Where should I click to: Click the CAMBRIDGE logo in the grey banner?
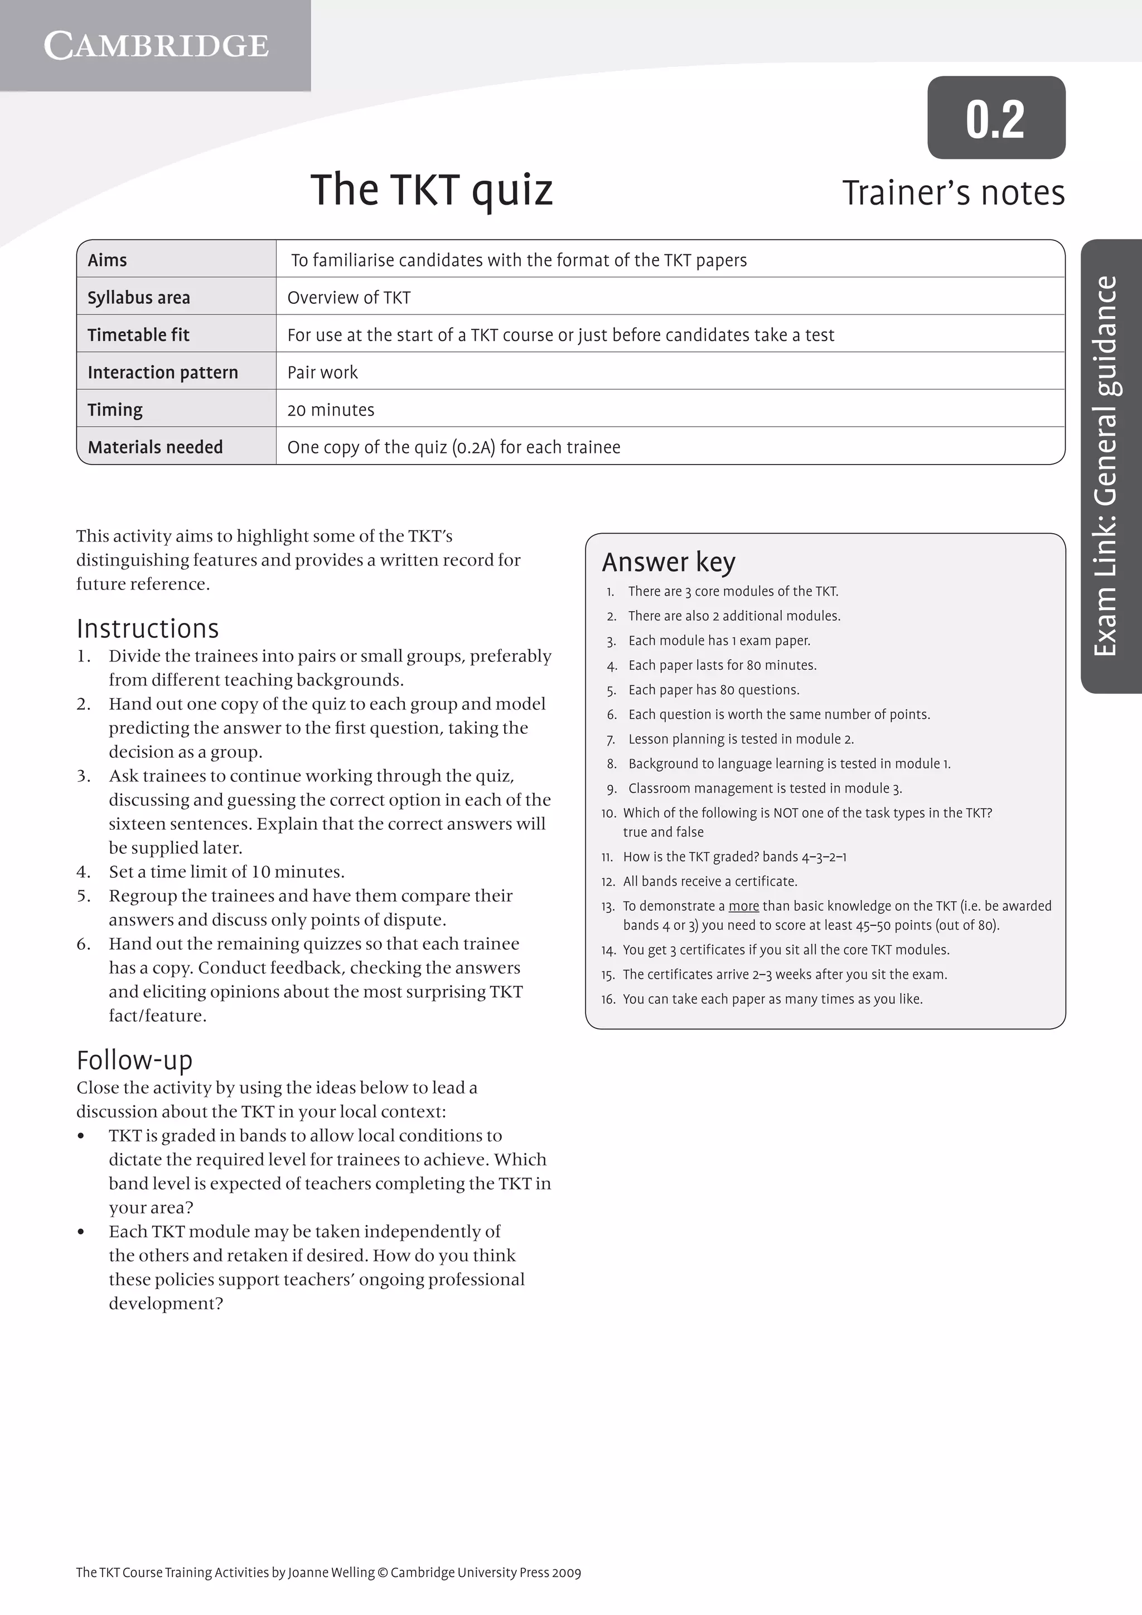point(156,46)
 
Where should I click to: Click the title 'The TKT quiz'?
point(431,190)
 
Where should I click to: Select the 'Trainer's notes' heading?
point(953,194)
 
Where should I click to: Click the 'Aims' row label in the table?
point(108,260)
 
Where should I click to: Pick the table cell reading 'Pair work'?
point(322,373)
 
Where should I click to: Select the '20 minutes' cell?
point(331,410)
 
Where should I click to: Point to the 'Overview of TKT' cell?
point(349,298)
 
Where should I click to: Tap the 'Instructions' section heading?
point(148,628)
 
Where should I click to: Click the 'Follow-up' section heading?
point(134,1060)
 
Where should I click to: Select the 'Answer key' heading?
point(668,562)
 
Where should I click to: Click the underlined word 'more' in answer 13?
point(743,906)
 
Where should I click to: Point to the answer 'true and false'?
point(662,832)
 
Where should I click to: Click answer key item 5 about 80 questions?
point(713,690)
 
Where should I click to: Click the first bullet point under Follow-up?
point(81,1136)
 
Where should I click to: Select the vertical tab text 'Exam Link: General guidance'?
point(1106,466)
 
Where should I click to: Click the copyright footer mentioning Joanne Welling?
point(328,1573)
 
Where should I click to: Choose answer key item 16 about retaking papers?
point(772,999)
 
